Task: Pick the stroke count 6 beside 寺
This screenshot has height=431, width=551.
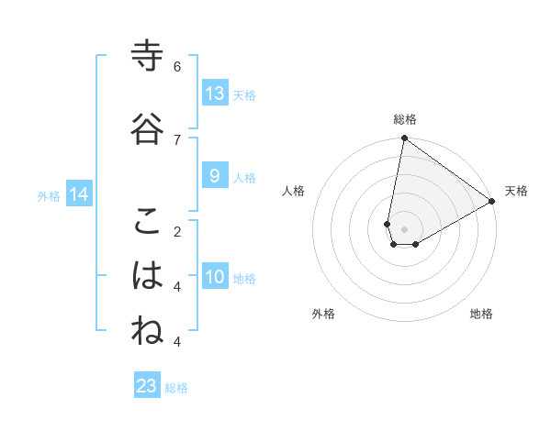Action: tap(177, 67)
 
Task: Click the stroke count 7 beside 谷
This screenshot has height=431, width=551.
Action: tap(177, 138)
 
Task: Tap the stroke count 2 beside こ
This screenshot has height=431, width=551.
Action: tap(177, 231)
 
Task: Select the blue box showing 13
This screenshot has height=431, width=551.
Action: tap(215, 94)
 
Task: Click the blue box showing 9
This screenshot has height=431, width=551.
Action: tap(215, 176)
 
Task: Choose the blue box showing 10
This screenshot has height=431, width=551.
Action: tap(215, 277)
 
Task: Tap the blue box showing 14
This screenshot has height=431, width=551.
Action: tap(79, 194)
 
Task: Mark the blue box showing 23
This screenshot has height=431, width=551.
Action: tap(147, 386)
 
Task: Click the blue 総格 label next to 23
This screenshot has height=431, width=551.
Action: tap(177, 388)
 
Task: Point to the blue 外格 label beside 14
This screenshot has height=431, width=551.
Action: tap(49, 196)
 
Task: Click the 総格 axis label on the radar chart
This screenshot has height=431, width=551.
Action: tap(405, 119)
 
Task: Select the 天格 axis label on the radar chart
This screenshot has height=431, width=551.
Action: tap(516, 191)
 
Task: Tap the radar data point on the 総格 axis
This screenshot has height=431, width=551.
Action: tap(404, 138)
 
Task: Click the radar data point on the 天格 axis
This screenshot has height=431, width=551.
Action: tap(492, 201)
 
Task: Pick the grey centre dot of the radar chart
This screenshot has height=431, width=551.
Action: tap(404, 229)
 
